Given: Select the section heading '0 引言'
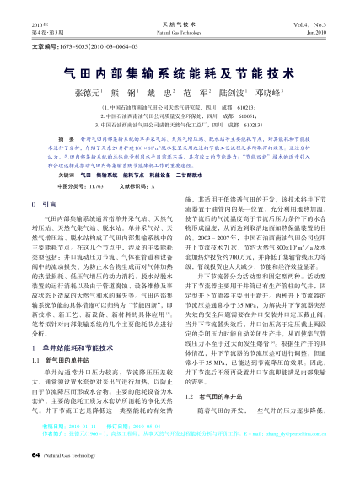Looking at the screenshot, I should (44, 204).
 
